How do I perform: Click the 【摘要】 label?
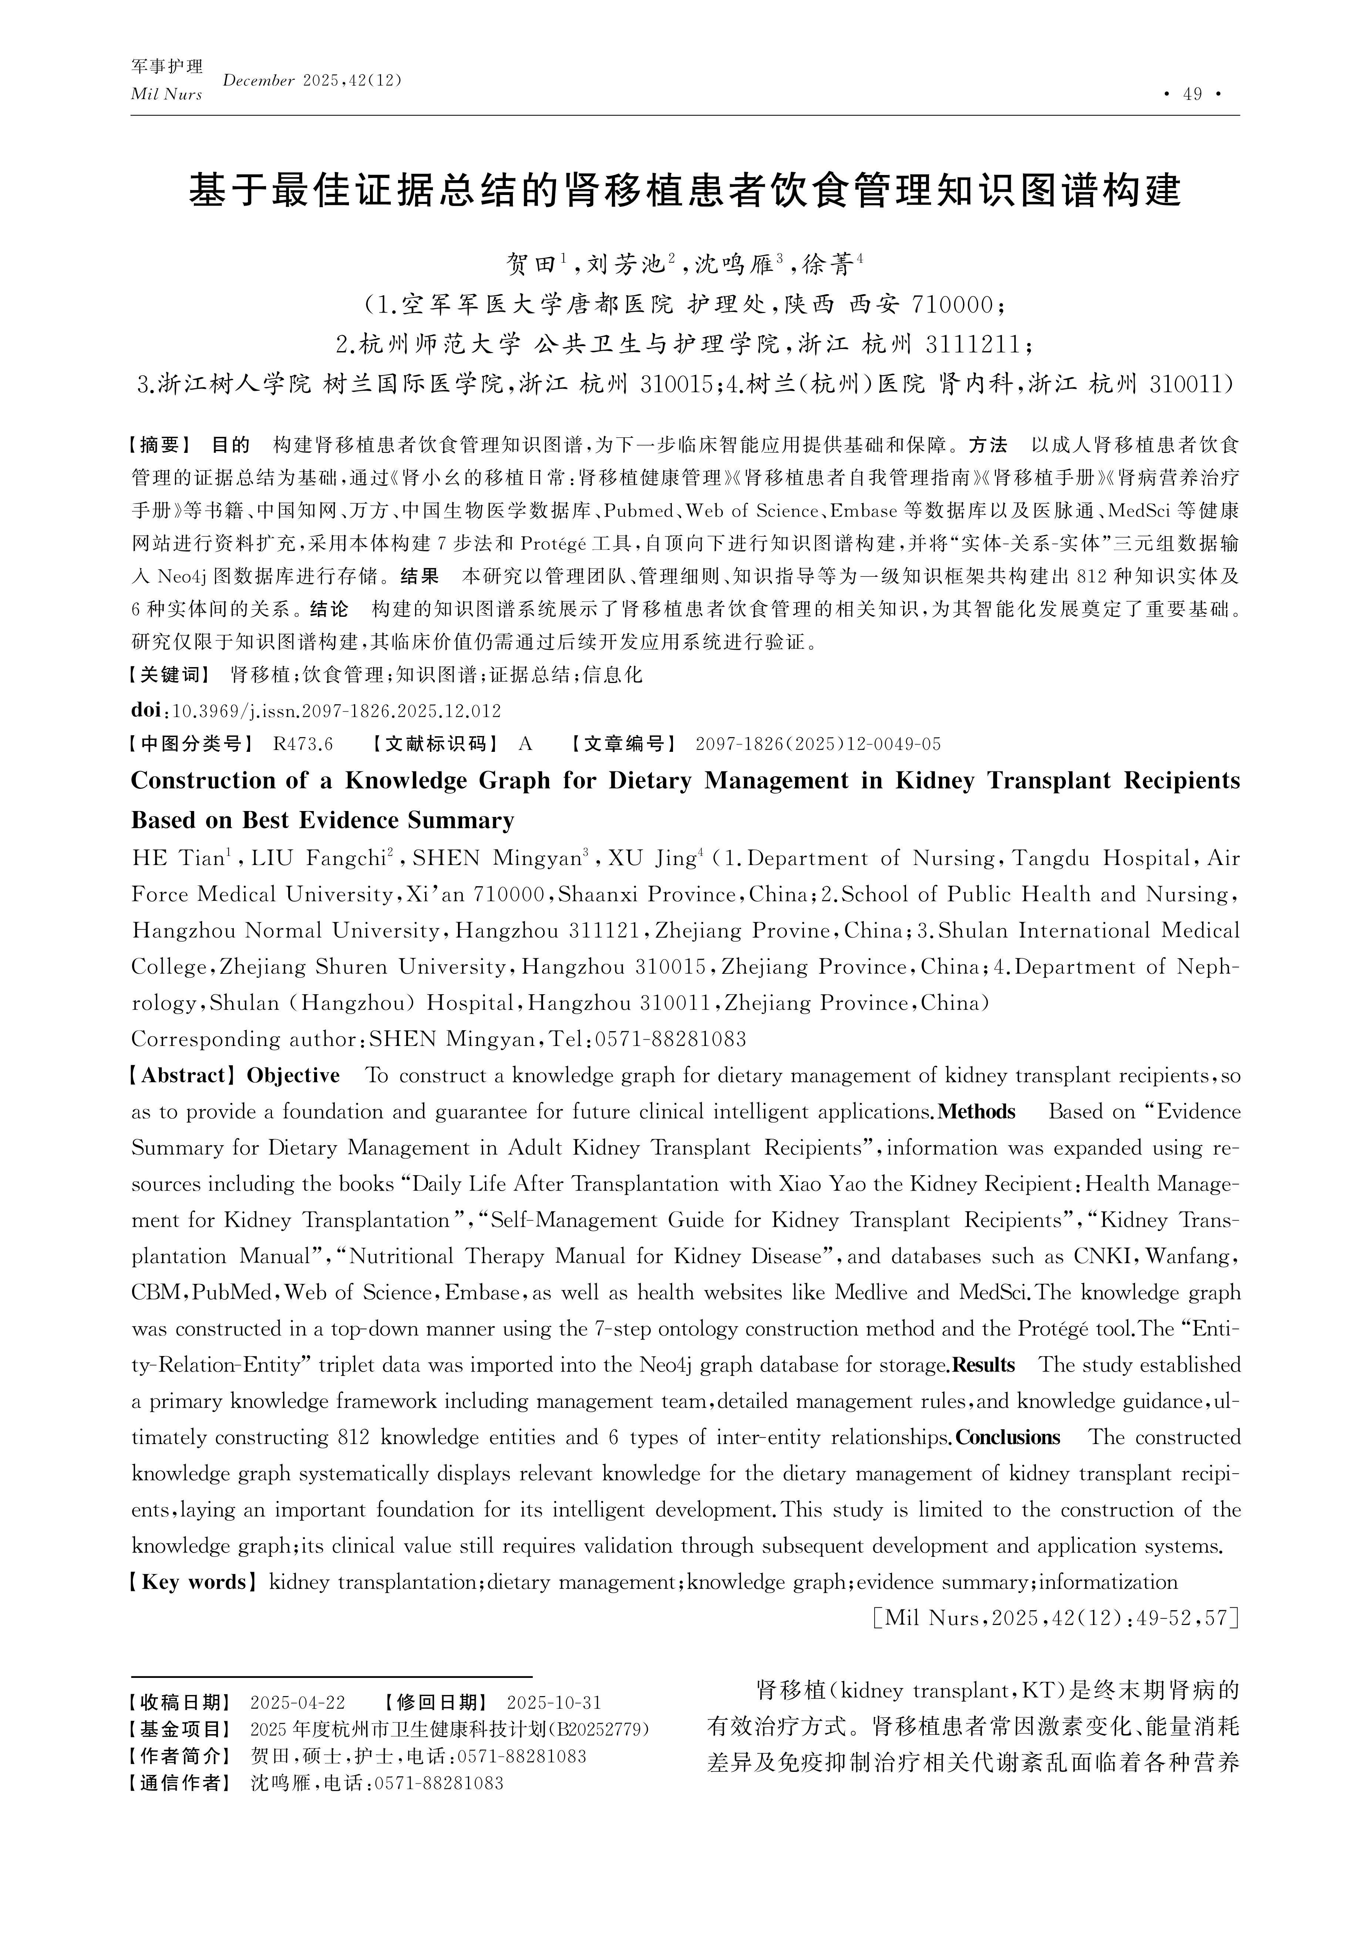click(x=161, y=445)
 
